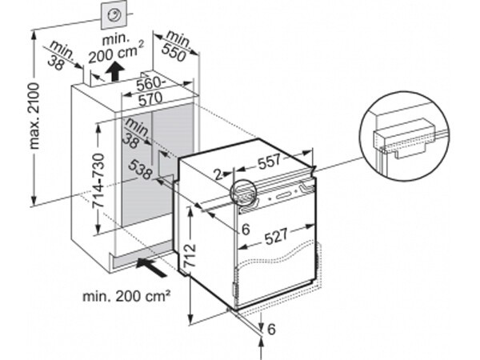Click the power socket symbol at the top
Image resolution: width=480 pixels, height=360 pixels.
[x=114, y=15]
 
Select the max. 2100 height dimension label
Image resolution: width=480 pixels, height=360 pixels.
[x=34, y=116]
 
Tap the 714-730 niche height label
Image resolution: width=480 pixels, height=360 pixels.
[x=99, y=182]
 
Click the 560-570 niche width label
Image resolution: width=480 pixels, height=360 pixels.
[x=150, y=91]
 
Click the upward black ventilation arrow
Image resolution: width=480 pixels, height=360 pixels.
[x=115, y=71]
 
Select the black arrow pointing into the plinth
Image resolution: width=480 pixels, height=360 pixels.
[x=151, y=266]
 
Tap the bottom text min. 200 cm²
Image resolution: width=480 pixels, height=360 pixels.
[x=126, y=296]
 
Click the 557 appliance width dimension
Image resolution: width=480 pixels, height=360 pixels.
[x=269, y=162]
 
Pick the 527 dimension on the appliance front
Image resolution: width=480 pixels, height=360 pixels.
[x=277, y=236]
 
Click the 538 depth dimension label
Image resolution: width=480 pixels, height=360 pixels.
[x=140, y=170]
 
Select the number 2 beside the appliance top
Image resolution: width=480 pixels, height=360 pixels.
[x=218, y=174]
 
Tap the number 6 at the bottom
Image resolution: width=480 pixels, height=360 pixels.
[x=271, y=329]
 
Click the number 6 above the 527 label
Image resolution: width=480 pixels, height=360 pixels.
[x=246, y=230]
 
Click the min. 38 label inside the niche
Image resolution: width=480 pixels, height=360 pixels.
[x=134, y=134]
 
